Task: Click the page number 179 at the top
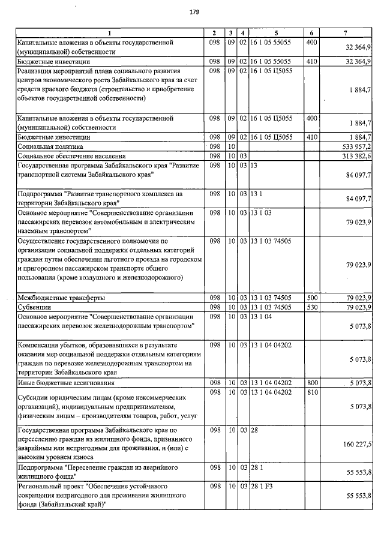194,12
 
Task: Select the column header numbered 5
276,32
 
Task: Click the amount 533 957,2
356,146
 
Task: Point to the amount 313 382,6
356,155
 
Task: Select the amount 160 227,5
356,445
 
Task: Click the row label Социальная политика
50,146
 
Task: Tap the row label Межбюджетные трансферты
61,298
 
